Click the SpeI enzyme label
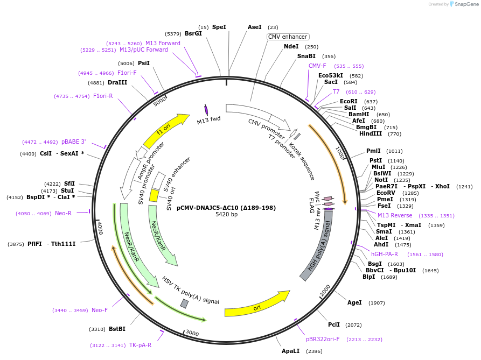[219, 27]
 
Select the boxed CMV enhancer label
[288, 37]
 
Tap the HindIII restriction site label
[370, 133]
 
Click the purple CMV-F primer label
[317, 66]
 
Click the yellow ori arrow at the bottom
[257, 307]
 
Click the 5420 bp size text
[226, 214]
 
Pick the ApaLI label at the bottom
[291, 351]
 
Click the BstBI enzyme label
[117, 329]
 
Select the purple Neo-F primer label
[100, 310]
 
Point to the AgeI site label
[354, 302]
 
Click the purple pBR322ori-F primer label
[323, 339]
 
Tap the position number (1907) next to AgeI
[377, 303]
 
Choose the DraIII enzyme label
[117, 82]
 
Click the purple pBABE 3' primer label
[73, 142]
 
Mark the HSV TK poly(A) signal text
[191, 291]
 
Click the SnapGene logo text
[466, 4]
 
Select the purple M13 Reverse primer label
[395, 215]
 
